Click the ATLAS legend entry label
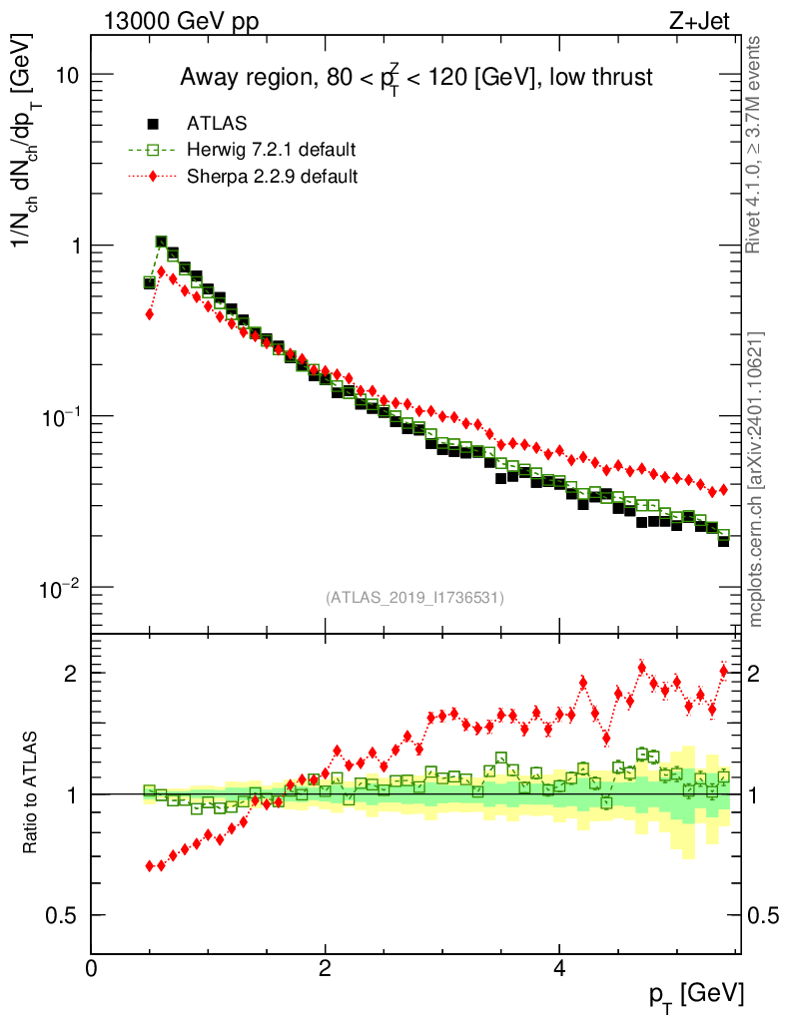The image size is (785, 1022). click(217, 124)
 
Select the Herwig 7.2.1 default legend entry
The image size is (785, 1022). click(271, 150)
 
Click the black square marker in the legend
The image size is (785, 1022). click(154, 124)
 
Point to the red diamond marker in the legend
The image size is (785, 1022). click(154, 177)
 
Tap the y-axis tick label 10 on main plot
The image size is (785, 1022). click(66, 76)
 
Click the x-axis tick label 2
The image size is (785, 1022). click(326, 968)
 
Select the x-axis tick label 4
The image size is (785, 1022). click(559, 968)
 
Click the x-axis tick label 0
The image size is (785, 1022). click(92, 968)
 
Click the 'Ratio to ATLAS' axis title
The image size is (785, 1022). click(32, 793)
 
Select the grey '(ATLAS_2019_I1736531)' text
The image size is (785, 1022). click(414, 598)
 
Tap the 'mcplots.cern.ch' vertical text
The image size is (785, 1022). click(756, 479)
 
